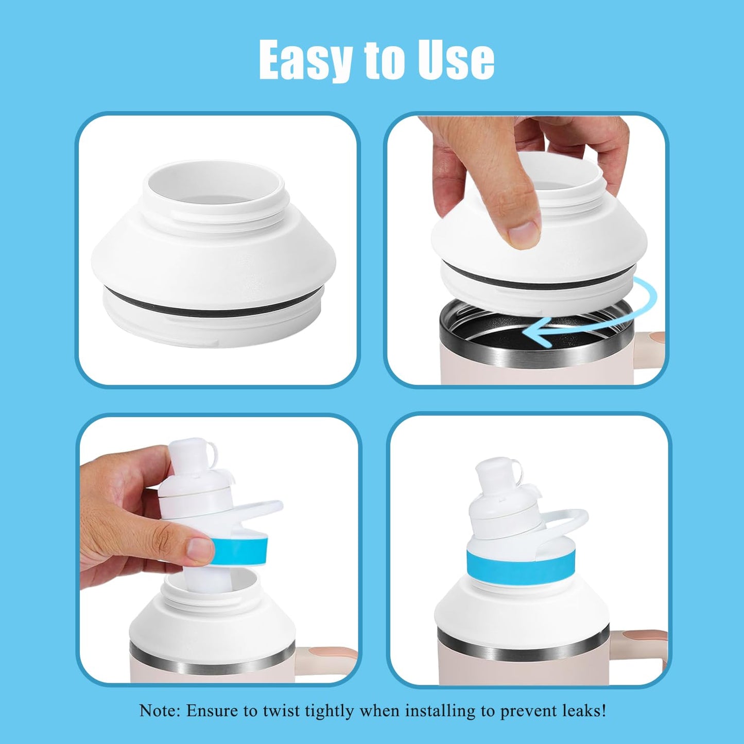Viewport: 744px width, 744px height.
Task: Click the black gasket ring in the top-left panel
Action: click(213, 305)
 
